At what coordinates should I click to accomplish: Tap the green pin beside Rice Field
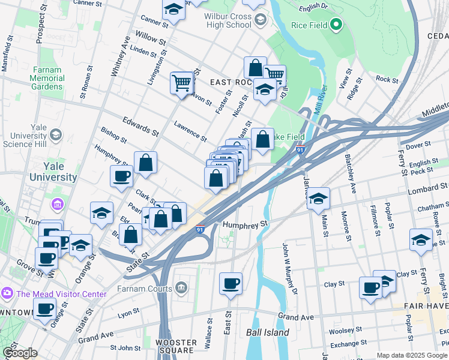coord(336,25)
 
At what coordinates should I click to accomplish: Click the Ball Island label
coord(267,332)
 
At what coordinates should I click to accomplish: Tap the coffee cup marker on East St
coord(230,283)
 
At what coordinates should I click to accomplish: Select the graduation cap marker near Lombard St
coord(319,198)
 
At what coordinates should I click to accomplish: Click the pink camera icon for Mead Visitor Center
coord(7,294)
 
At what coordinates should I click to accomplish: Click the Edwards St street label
coord(141,126)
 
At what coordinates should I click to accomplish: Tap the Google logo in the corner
coord(20,353)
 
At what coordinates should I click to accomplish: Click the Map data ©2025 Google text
coord(412,355)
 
